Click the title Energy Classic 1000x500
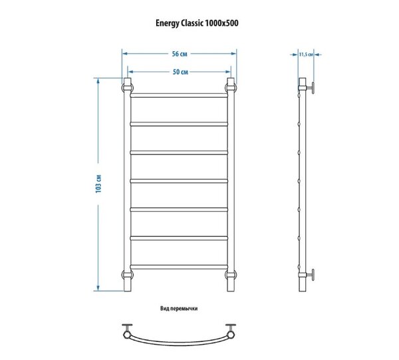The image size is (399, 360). (x=197, y=23)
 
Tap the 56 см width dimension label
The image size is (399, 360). (x=180, y=54)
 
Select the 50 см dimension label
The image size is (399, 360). (x=180, y=72)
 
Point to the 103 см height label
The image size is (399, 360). (x=98, y=184)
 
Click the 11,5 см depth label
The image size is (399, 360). (x=306, y=55)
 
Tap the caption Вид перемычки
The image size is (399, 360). (x=179, y=309)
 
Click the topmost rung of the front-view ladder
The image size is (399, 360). (x=179, y=95)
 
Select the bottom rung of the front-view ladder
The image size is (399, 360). (x=179, y=267)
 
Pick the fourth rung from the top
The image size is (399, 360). (x=179, y=181)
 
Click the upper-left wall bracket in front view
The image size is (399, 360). (x=127, y=88)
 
